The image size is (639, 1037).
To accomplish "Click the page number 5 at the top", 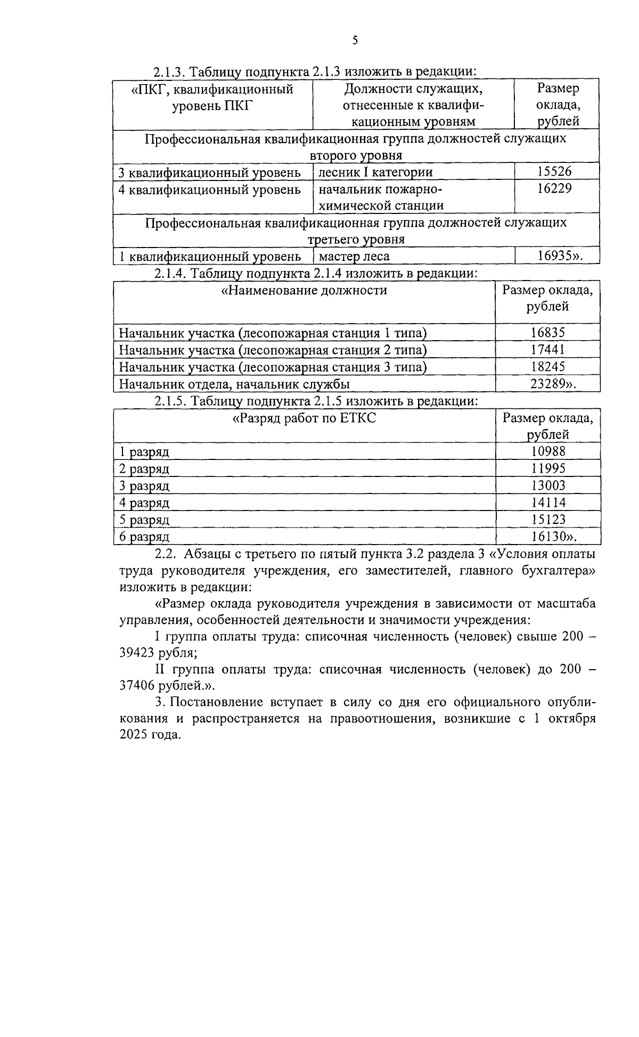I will (355, 41).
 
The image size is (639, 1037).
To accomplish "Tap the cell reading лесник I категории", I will (375, 172).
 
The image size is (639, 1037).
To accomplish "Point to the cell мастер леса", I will (354, 256).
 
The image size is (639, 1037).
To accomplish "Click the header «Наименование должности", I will (304, 290).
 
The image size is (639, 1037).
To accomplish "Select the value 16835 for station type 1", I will (547, 333).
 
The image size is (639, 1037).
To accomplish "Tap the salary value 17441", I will (547, 350).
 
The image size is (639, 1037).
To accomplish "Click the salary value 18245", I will (547, 367).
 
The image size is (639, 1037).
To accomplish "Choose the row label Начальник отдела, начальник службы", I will (234, 384).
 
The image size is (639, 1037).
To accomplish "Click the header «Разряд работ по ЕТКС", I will (305, 418).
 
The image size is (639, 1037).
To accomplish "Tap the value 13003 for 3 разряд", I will (548, 485).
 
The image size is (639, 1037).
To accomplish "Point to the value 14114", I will (548, 503).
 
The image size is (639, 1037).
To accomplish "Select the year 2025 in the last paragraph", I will (135, 735).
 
